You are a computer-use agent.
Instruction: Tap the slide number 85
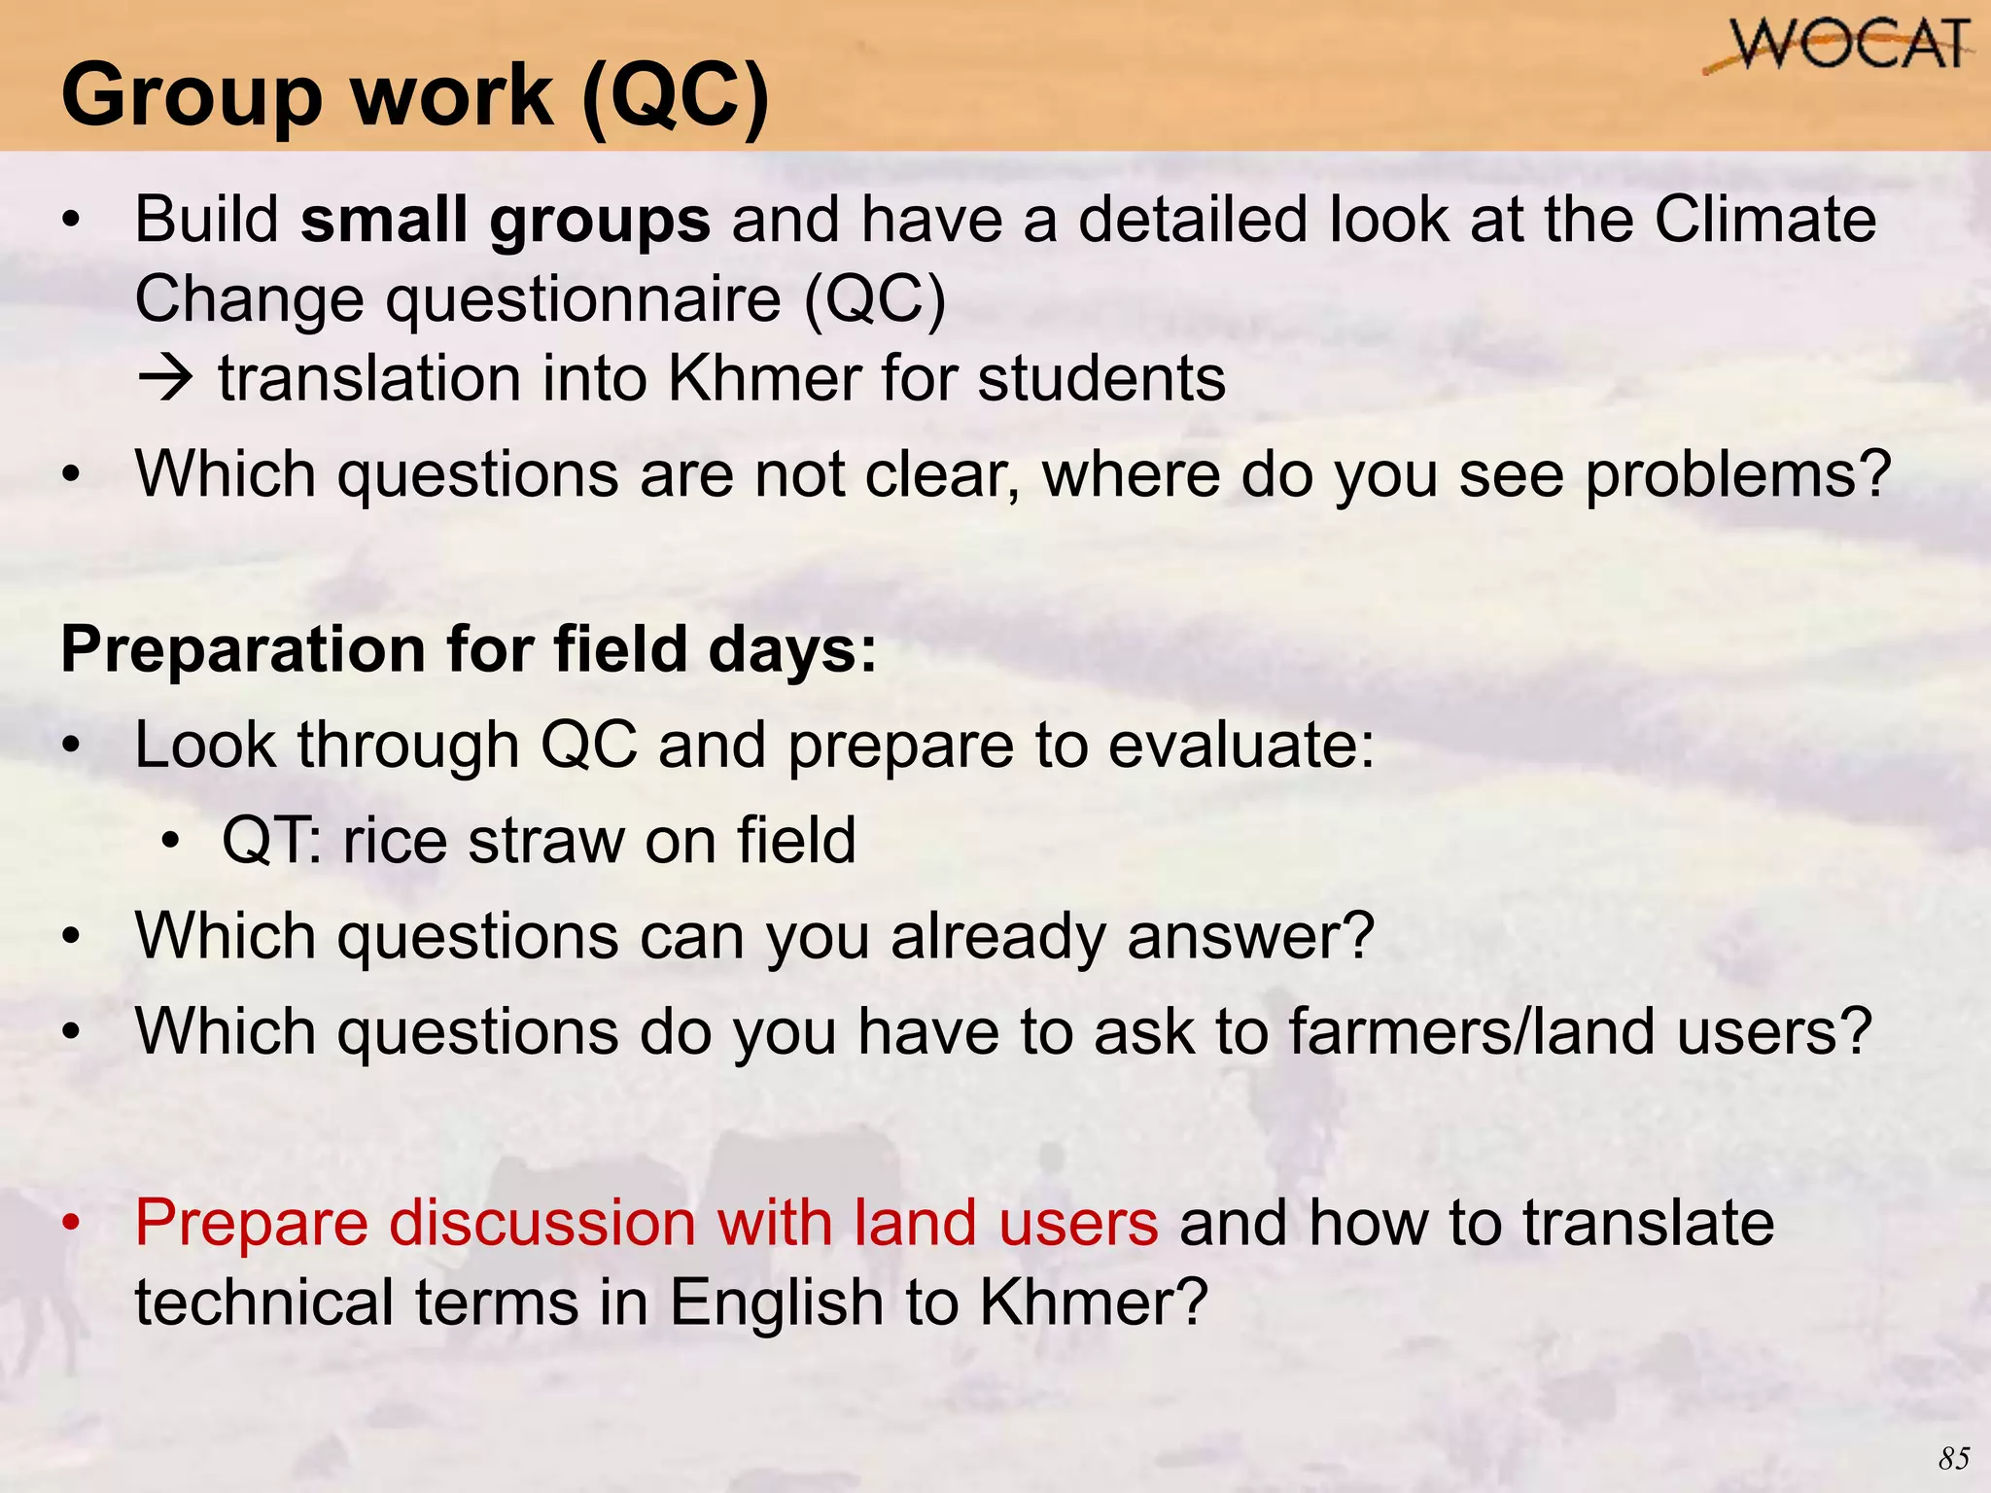click(1953, 1458)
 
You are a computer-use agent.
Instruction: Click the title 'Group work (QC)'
click(415, 95)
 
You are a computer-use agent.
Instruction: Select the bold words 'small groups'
click(506, 221)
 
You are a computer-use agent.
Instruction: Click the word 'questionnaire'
click(583, 299)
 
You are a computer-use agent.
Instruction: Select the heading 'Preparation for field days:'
click(469, 649)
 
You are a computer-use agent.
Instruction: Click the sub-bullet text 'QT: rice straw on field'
click(539, 841)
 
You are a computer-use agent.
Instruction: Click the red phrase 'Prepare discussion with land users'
click(646, 1223)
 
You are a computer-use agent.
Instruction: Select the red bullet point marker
click(71, 1225)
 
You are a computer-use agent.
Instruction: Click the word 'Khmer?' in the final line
click(1093, 1302)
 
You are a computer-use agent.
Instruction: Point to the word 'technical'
click(263, 1302)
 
